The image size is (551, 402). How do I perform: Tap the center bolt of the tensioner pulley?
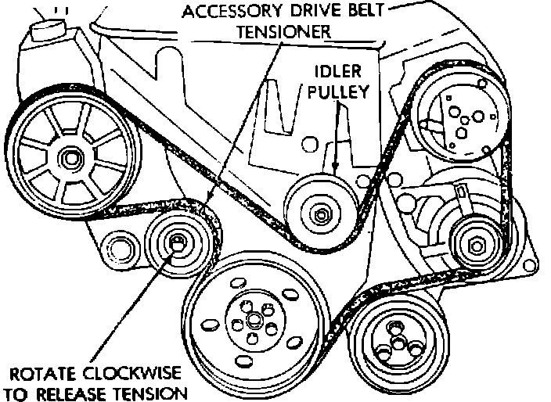click(x=178, y=244)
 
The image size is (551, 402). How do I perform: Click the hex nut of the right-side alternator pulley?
click(x=474, y=246)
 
